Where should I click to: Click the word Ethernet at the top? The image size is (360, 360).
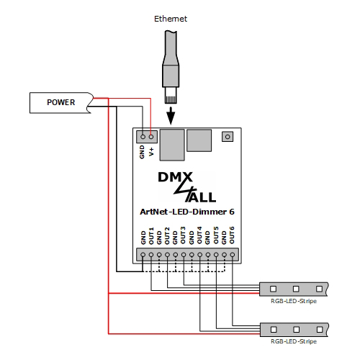171,19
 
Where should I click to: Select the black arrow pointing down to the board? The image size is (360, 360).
171,114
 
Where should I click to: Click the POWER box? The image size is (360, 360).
60,102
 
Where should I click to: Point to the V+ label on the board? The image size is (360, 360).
152,152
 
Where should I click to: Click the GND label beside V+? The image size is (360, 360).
143,152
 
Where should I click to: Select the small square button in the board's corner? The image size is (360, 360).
228,135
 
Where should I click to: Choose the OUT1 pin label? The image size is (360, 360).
152,236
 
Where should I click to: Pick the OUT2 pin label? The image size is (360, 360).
168,236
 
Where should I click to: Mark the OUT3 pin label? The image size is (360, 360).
184,236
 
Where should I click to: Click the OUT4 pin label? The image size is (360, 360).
200,236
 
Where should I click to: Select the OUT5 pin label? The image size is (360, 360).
216,236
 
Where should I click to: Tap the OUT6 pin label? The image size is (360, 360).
232,236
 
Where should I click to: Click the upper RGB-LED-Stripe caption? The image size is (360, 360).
293,300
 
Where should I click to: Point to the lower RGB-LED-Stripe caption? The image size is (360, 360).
293,342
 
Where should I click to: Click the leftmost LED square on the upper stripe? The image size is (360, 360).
274,289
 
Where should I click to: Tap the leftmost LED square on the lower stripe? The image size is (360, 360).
274,330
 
